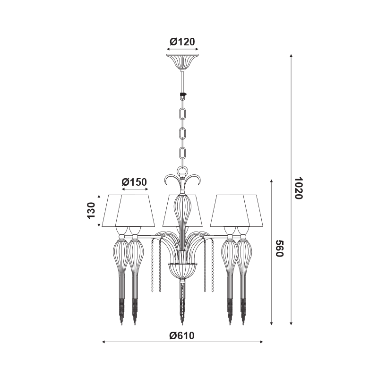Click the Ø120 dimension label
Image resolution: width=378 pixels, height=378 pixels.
pyautogui.click(x=182, y=42)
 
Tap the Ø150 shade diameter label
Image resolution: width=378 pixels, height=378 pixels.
pyautogui.click(x=134, y=182)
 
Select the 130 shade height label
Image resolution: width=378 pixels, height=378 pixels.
pyautogui.click(x=91, y=210)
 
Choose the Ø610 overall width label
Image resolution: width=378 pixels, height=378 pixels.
pyautogui.click(x=182, y=335)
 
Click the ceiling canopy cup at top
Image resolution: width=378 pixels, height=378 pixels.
pyautogui.click(x=182, y=61)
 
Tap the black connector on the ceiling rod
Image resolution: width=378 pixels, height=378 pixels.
pyautogui.click(x=183, y=95)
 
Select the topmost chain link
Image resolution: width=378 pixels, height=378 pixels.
pyautogui.click(x=182, y=114)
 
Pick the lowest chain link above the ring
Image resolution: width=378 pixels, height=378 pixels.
pyautogui.click(x=182, y=153)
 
